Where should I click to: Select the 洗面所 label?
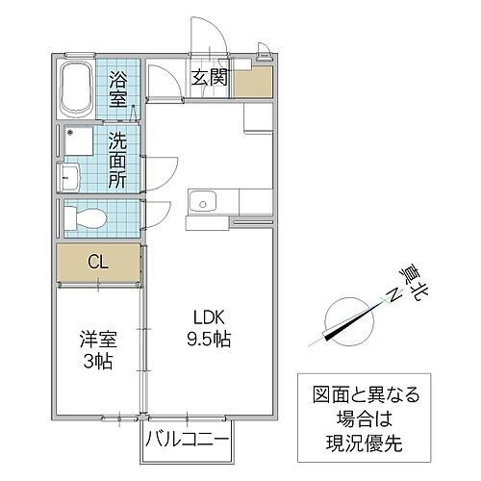(x=117, y=160)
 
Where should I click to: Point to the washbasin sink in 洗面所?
(x=70, y=178)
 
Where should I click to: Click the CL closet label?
(x=97, y=262)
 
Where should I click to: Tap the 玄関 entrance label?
(x=209, y=78)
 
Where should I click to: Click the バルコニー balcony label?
(x=187, y=442)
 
